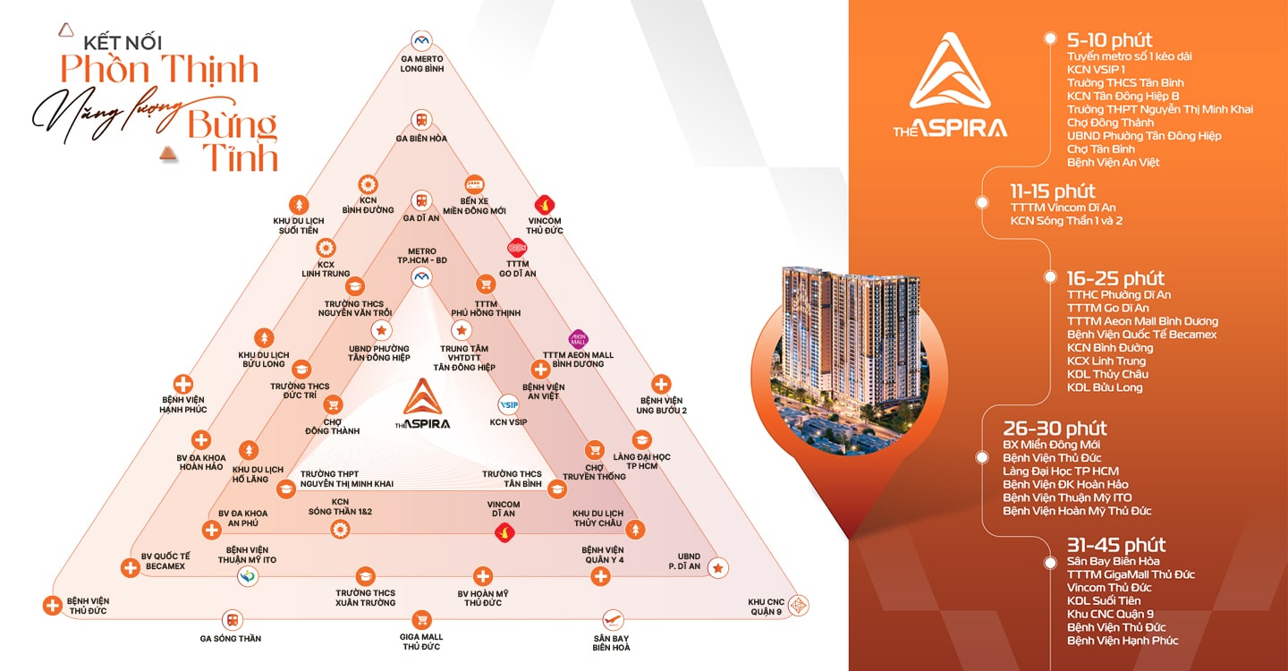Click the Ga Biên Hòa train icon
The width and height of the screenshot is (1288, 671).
tap(420, 120)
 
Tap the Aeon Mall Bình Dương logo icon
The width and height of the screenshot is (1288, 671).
tap(578, 339)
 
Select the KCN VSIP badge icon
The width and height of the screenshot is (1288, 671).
tap(508, 403)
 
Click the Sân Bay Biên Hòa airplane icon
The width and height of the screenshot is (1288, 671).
tap(612, 619)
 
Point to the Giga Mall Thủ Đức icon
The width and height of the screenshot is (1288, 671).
tap(422, 619)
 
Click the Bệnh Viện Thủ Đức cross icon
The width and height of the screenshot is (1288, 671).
tap(52, 605)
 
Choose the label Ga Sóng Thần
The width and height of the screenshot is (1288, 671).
tap(231, 639)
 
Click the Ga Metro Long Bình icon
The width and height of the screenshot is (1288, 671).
tap(422, 40)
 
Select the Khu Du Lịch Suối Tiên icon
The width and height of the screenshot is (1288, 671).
tap(299, 204)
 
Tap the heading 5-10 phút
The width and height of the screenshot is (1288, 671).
tap(1109, 40)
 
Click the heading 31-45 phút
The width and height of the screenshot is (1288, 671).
tap(1115, 545)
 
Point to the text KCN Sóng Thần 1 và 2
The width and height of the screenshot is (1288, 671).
tap(1066, 221)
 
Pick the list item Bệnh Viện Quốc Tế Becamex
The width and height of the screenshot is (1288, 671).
tap(1141, 335)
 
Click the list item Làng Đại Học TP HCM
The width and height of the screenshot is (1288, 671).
tap(1060, 471)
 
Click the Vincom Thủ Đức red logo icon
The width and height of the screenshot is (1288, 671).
tap(542, 205)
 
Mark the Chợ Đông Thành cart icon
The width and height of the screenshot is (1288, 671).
tap(333, 404)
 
